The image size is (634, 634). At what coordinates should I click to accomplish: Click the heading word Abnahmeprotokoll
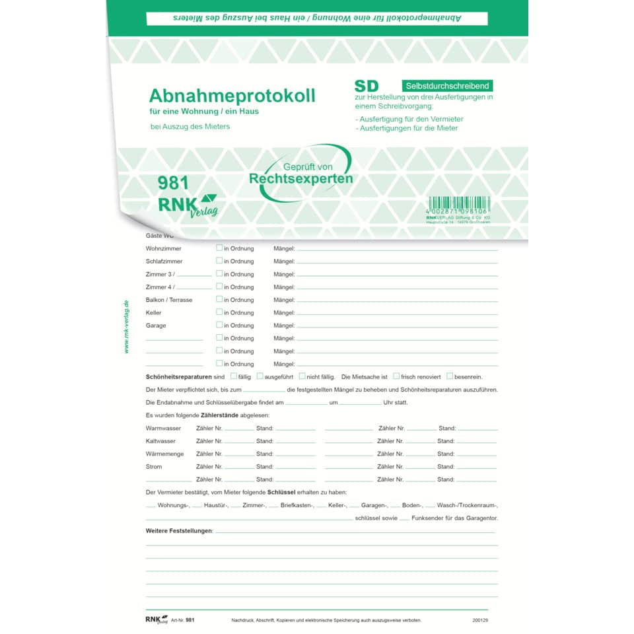232,96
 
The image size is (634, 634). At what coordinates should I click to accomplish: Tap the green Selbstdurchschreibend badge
447,86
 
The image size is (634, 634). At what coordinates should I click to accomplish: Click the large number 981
174,184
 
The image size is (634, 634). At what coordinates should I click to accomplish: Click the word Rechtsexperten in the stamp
300,178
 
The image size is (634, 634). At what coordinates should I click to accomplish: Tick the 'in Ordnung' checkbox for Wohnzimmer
219,248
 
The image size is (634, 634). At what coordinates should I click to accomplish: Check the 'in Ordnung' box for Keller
219,312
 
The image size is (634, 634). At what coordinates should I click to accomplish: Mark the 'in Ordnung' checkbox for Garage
219,325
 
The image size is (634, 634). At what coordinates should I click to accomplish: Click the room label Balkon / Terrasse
169,300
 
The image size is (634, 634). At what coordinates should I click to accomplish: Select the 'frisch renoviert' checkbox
396,376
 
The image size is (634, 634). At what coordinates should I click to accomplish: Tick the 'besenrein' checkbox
449,376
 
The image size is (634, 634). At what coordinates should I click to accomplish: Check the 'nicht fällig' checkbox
302,376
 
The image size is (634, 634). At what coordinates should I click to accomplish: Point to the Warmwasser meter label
163,428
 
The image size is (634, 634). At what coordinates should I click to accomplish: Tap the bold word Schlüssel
282,493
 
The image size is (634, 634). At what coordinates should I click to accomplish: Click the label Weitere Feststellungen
179,531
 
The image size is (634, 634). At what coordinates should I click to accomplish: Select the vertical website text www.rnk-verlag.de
126,326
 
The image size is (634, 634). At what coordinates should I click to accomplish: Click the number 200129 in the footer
481,620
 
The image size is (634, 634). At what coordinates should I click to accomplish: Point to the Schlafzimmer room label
164,262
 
